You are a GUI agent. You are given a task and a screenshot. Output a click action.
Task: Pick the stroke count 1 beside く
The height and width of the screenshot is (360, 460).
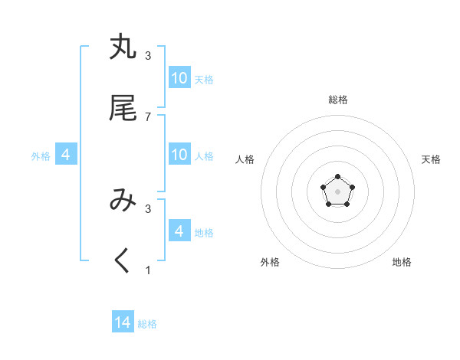[x=148, y=270]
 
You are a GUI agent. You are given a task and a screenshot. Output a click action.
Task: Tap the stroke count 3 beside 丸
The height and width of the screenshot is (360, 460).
[x=148, y=55]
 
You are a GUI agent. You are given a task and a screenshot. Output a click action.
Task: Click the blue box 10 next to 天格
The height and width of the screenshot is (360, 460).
[x=179, y=78]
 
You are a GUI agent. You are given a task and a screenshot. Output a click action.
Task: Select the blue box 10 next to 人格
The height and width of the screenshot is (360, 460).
[x=179, y=155]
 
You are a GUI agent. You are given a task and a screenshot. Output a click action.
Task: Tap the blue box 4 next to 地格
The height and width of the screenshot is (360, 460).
[x=179, y=231]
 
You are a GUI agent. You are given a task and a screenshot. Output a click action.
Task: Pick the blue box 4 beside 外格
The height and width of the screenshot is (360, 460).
[x=66, y=155]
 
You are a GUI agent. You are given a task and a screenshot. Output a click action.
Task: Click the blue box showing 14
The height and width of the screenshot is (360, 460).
[x=123, y=322]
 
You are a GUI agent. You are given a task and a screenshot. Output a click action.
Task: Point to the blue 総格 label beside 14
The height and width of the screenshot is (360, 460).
[x=147, y=324]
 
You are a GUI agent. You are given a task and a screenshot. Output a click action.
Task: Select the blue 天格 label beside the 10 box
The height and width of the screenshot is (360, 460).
[x=204, y=79]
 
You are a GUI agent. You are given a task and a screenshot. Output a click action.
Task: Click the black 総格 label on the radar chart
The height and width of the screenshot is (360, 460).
[x=338, y=100]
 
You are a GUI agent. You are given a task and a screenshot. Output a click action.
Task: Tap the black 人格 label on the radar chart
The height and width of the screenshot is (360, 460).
[x=245, y=159]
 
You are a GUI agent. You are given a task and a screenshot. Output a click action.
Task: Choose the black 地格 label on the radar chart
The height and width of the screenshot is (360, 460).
[x=402, y=262]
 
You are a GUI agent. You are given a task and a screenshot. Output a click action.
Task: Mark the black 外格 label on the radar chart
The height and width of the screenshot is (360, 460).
[x=270, y=262]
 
